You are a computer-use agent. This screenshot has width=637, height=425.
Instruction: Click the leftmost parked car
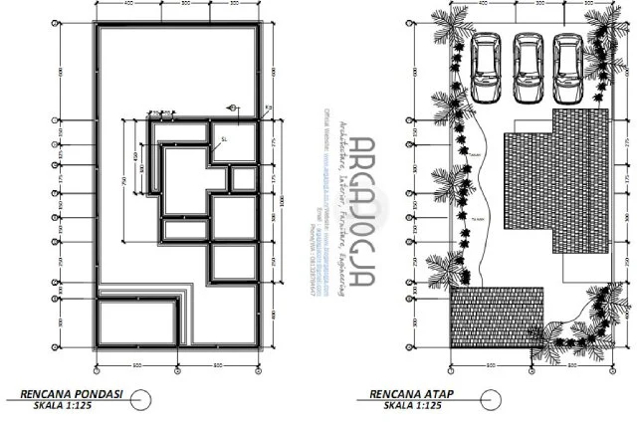(487, 68)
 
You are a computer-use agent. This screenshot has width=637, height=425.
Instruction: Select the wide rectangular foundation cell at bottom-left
(140, 325)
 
